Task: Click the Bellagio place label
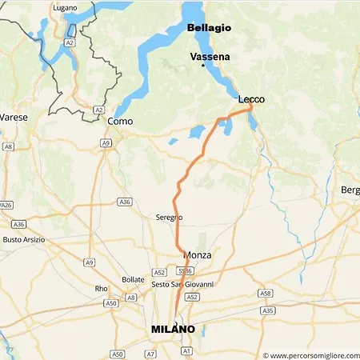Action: click(x=209, y=28)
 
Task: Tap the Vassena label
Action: click(x=209, y=58)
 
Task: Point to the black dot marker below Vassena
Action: click(x=203, y=66)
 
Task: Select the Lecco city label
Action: click(x=250, y=99)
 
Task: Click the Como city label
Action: click(x=119, y=121)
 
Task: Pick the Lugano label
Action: click(x=66, y=7)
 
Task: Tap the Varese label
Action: click(x=14, y=118)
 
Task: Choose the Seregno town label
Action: click(x=169, y=218)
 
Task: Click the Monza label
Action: click(x=198, y=255)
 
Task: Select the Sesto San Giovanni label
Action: click(x=182, y=285)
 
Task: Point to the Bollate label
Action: click(x=133, y=279)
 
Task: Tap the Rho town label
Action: click(x=101, y=289)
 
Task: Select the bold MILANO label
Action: click(x=173, y=329)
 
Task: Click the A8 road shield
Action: click(x=9, y=147)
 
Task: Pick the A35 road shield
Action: click(x=268, y=310)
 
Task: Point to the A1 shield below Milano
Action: click(x=186, y=350)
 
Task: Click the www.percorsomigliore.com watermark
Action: click(x=310, y=354)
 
